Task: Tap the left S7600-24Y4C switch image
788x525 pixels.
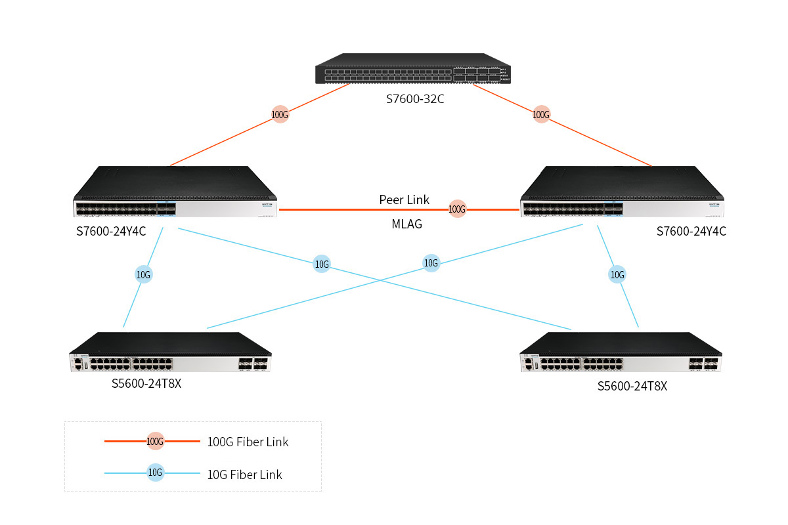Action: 176,192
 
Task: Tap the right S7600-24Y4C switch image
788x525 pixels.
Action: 621,192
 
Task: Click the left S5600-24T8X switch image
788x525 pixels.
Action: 171,353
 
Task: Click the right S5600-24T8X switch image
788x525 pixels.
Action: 621,353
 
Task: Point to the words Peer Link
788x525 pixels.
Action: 404,199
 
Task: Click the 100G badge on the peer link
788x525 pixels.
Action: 457,209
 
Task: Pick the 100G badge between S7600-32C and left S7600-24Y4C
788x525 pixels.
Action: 280,115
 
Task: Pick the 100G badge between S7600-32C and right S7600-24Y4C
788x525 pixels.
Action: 540,115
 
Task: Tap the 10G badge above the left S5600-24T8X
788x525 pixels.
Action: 143,275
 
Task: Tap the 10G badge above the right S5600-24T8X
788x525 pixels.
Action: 617,275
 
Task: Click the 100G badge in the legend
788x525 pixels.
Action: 155,442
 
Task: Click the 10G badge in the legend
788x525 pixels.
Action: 155,472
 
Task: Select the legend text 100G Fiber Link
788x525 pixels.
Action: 248,442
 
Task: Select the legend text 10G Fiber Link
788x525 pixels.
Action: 244,474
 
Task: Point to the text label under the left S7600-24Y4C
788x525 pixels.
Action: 111,231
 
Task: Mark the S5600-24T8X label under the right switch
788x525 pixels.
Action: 632,387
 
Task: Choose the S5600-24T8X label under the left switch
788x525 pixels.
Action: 146,383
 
